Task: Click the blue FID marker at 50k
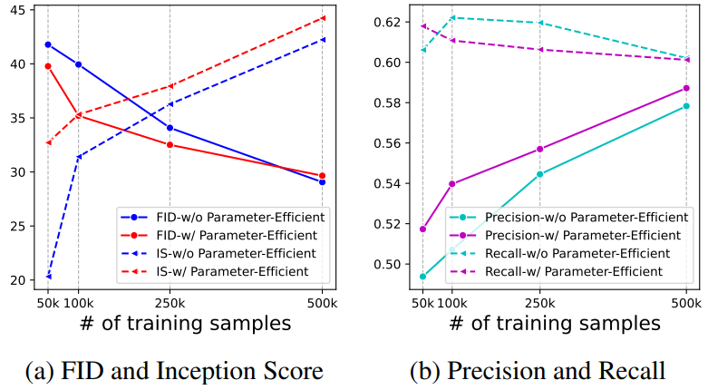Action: [48, 44]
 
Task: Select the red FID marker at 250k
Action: [170, 145]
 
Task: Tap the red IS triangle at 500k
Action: [322, 18]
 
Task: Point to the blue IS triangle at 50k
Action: [48, 276]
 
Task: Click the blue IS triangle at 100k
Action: [79, 157]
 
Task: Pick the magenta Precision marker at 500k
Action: [686, 88]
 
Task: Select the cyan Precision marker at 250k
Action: [540, 174]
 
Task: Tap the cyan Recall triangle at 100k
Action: [451, 17]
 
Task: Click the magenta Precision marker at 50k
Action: [423, 229]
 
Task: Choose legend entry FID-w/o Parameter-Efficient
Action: [223, 218]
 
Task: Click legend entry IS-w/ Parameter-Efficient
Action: [215, 271]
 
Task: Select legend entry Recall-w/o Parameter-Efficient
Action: [560, 254]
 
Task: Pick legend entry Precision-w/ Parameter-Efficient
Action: [566, 236]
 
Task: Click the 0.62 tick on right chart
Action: [388, 22]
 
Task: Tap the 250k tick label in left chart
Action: [170, 303]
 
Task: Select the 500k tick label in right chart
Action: [686, 303]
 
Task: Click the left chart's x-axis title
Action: [185, 324]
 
